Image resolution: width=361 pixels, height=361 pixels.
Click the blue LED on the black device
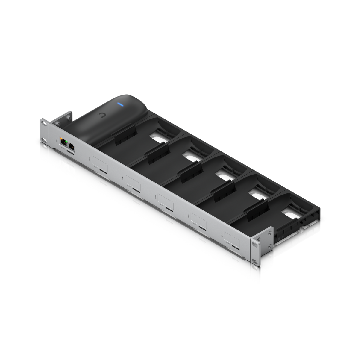coord(121,104)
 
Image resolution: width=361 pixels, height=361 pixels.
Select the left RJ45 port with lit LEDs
coord(64,142)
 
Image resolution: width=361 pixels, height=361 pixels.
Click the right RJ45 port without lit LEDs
coord(72,146)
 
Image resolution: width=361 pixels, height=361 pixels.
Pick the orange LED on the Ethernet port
coord(61,139)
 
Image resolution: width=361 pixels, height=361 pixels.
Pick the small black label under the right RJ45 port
coord(71,153)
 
